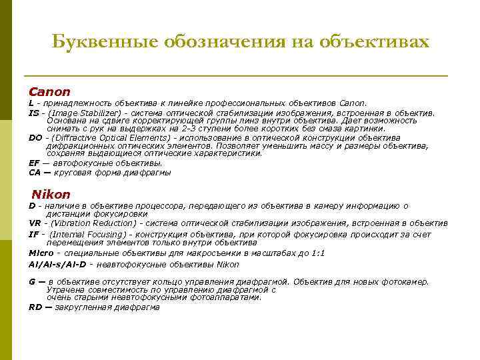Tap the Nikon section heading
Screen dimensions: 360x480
click(x=51, y=195)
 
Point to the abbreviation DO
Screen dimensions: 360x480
click(x=35, y=137)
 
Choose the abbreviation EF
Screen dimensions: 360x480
click(x=34, y=162)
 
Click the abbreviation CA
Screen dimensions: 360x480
click(x=35, y=172)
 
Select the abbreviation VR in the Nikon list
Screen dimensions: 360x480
click(x=35, y=224)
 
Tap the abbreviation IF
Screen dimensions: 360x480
click(x=33, y=234)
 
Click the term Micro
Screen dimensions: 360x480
click(x=40, y=253)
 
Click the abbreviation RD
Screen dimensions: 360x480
click(x=35, y=307)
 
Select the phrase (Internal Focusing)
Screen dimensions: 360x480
click(x=87, y=234)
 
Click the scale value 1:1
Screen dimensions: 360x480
click(x=318, y=253)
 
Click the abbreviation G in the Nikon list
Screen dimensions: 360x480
click(x=32, y=281)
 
